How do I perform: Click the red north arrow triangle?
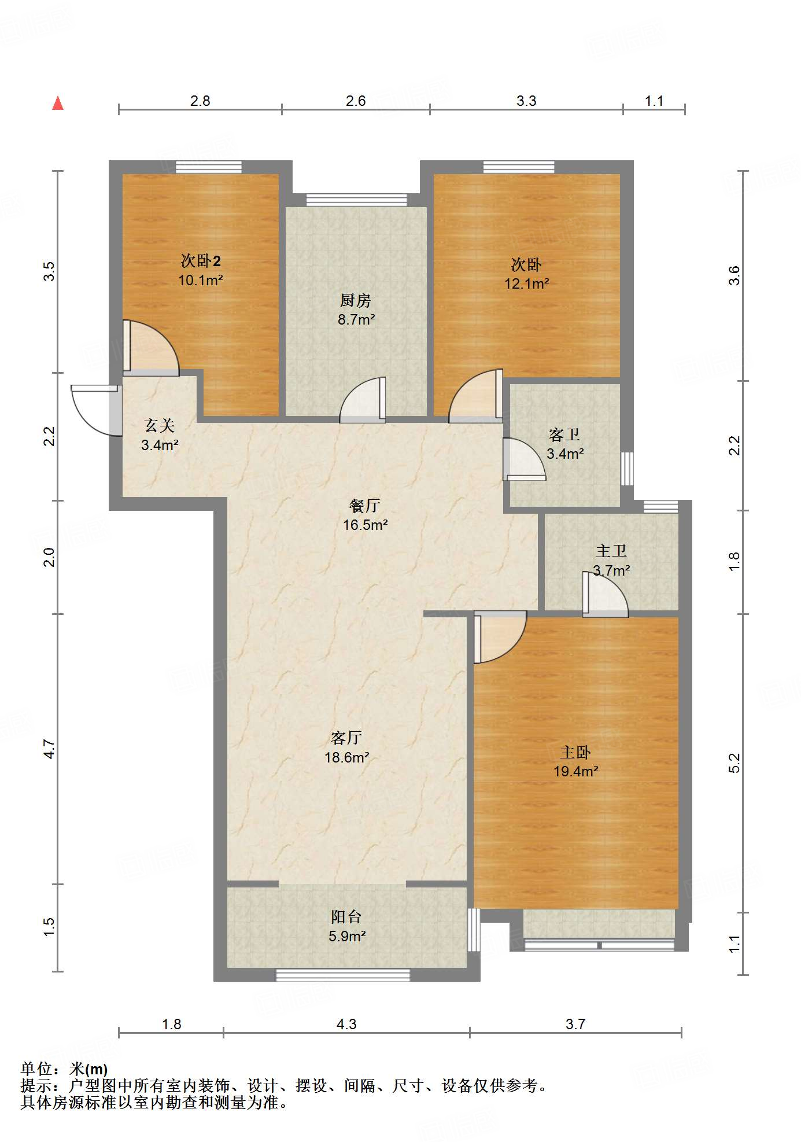point(58,104)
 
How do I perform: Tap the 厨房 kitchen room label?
point(355,300)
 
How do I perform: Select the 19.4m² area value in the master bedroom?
point(575,771)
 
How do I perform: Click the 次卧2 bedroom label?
point(200,261)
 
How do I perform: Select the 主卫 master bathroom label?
point(611,551)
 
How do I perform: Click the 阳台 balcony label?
point(346,916)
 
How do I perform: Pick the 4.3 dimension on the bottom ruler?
point(346,1025)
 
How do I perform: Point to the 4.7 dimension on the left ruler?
point(50,749)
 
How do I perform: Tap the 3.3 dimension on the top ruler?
point(526,101)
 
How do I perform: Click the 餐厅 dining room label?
point(364,506)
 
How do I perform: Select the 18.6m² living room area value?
point(346,757)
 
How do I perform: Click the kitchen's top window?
point(356,200)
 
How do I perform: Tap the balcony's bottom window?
point(342,975)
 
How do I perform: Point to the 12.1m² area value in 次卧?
point(526,284)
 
